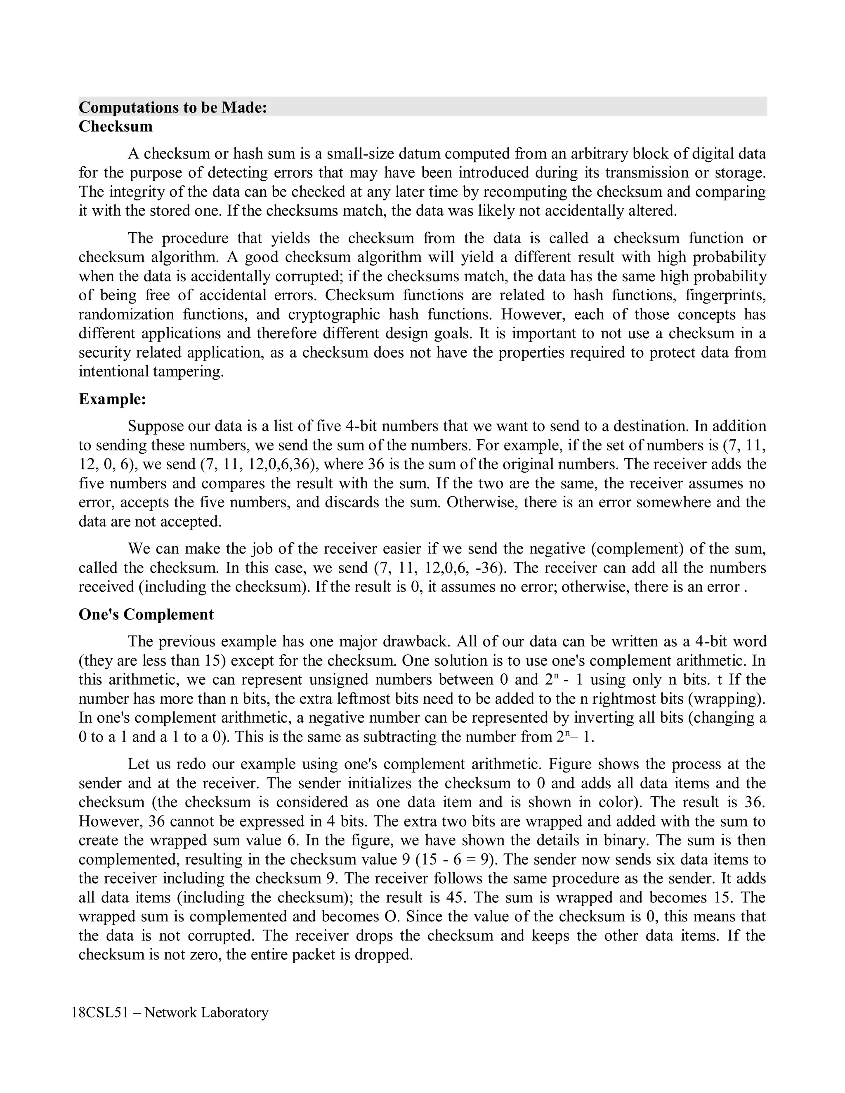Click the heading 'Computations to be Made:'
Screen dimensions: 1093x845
coord(173,107)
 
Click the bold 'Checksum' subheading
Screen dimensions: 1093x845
coord(116,126)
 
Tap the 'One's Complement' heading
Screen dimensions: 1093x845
coord(146,614)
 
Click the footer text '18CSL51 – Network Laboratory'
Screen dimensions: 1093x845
coord(170,1013)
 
